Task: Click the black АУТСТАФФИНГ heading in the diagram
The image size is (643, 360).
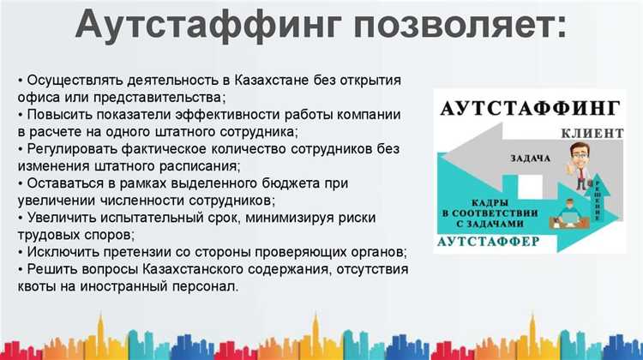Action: click(529, 109)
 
